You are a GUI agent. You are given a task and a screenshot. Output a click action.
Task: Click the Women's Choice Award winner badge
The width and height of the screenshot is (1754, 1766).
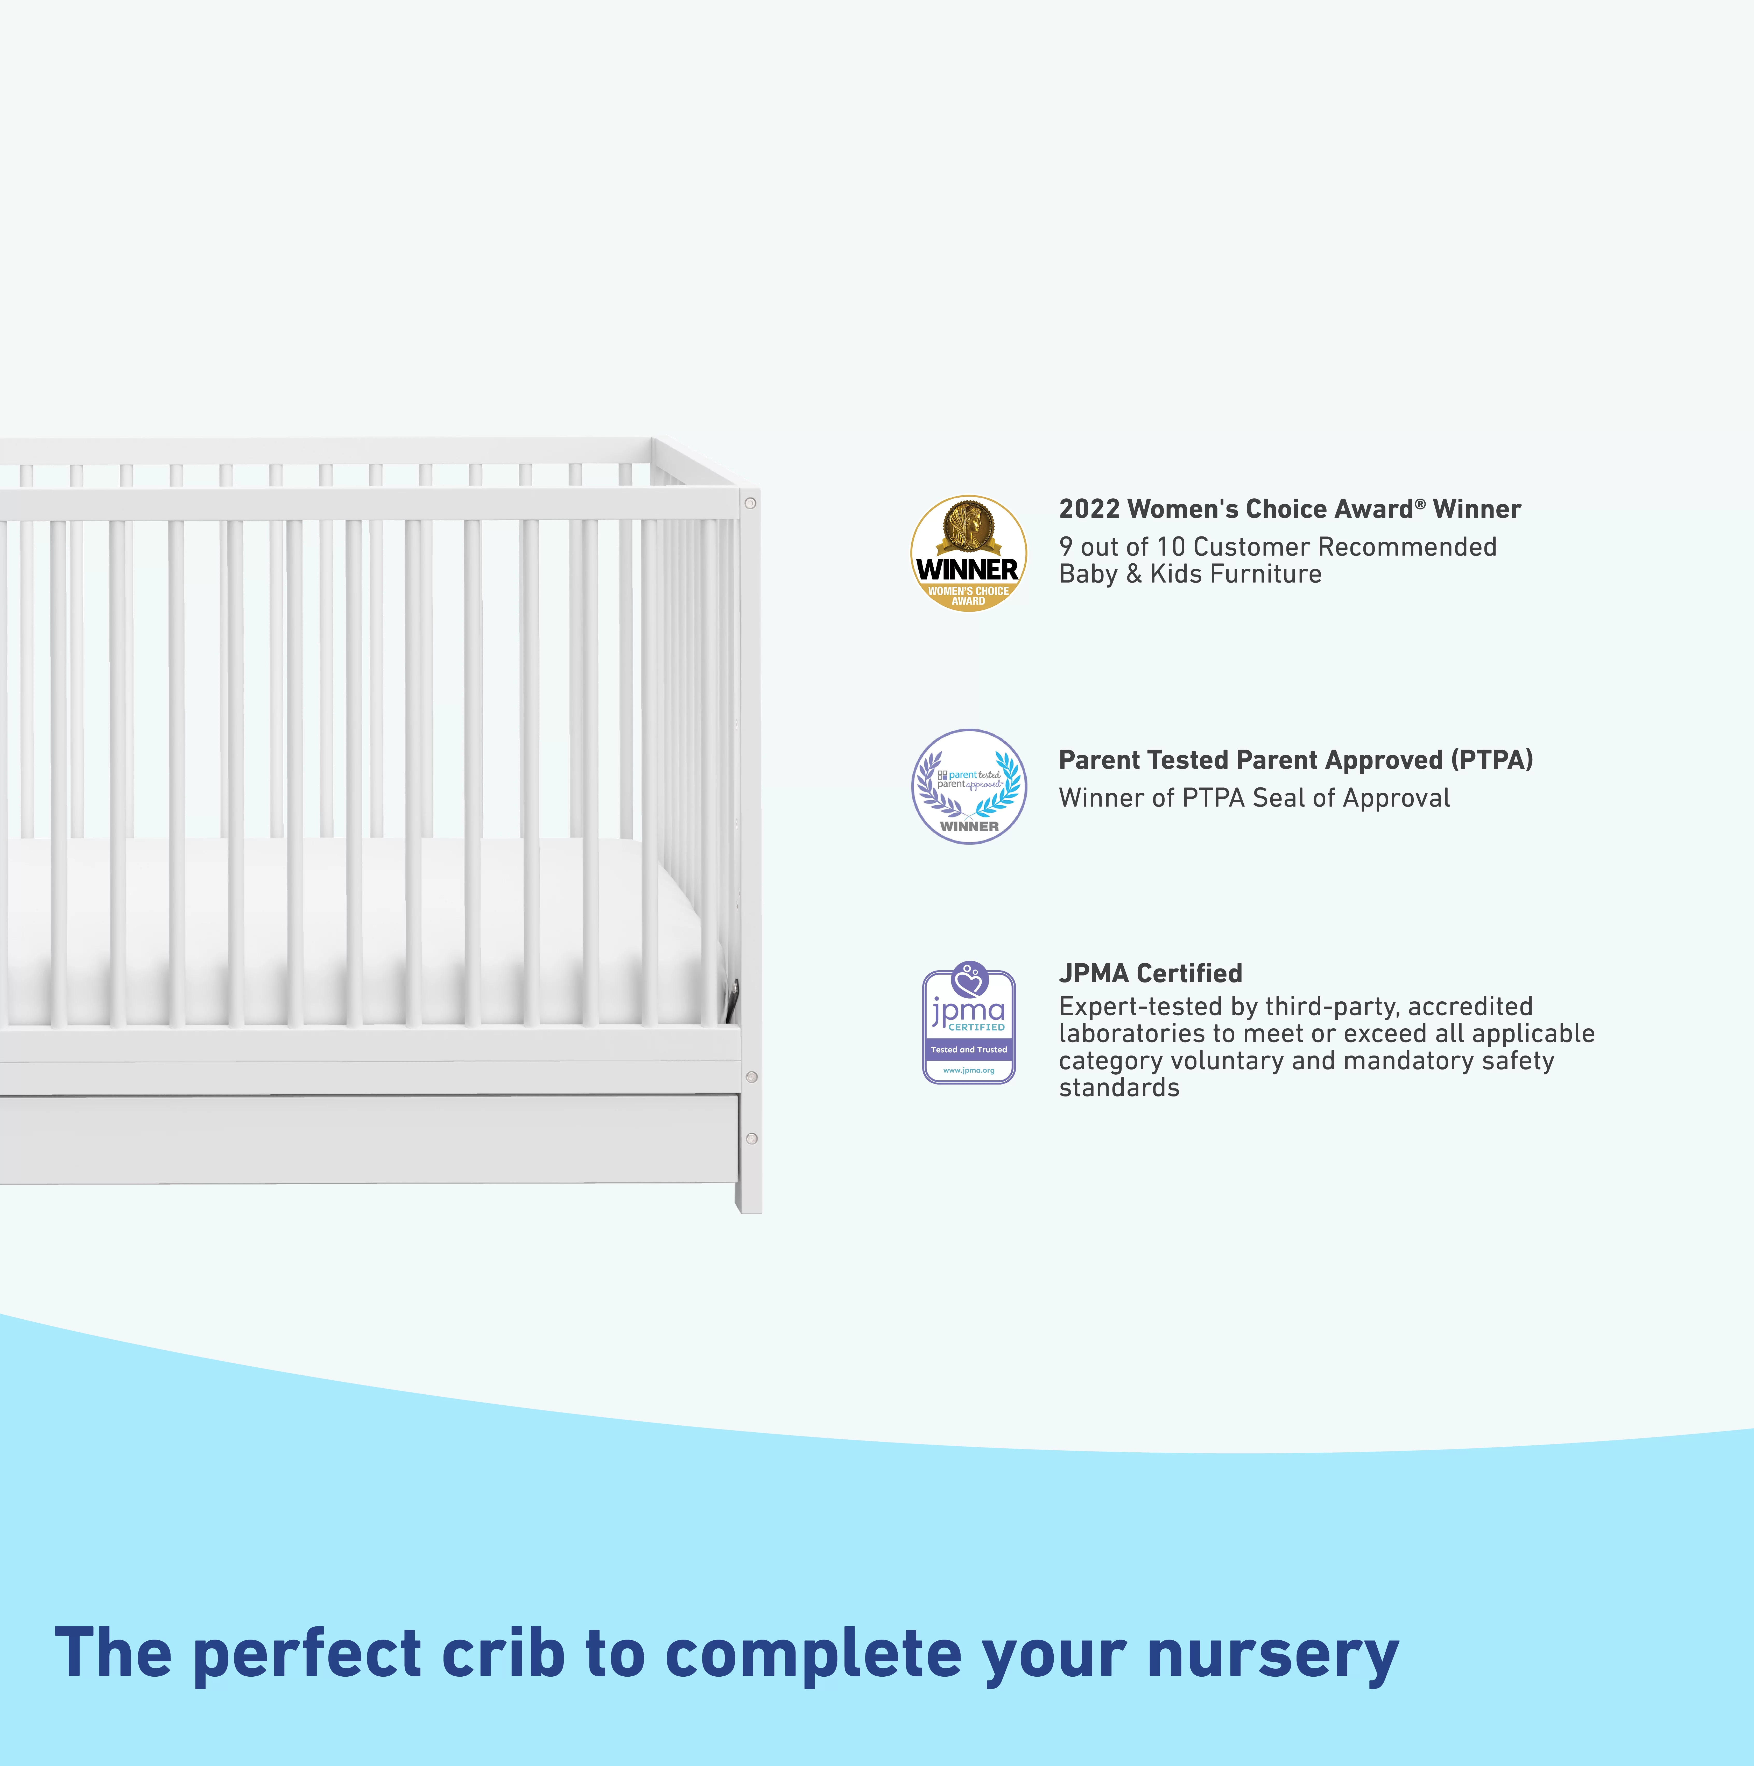point(968,554)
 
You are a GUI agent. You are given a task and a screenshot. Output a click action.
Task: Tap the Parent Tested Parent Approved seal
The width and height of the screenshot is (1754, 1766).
point(968,786)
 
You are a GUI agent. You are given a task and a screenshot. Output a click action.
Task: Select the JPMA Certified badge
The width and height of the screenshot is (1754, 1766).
point(968,1024)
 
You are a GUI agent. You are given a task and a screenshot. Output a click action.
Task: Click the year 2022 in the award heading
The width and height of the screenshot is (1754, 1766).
point(1088,509)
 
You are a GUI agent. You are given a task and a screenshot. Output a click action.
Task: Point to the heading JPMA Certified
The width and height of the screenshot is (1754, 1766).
point(1150,973)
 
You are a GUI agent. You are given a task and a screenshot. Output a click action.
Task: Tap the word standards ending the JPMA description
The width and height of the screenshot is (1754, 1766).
point(1118,1088)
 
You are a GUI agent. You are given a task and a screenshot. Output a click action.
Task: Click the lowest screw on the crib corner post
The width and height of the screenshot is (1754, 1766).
point(752,1138)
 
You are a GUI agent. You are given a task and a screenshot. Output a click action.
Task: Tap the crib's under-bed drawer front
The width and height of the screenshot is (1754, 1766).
point(366,1138)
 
